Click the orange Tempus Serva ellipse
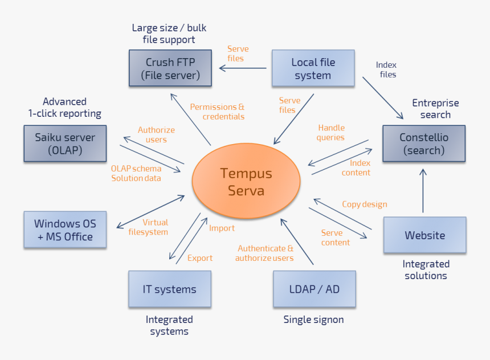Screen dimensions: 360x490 pos(246,182)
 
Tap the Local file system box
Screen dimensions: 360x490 pos(313,68)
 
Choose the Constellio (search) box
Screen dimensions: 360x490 pos(423,144)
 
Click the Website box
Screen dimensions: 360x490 pos(424,235)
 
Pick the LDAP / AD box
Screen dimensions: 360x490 pos(314,289)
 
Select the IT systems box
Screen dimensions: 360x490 pos(169,289)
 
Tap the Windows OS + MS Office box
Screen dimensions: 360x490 pos(65,230)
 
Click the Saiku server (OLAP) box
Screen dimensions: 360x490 pos(65,144)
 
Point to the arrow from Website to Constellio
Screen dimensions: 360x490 pos(423,191)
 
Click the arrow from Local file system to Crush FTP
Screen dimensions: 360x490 pos(243,68)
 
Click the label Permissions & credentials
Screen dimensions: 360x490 pos(218,112)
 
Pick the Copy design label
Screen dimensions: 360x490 pos(364,204)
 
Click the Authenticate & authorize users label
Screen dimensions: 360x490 pos(265,253)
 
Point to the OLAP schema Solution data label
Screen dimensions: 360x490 pos(136,173)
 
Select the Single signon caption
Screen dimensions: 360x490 pos(313,320)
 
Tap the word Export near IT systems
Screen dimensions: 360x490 pos(199,258)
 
